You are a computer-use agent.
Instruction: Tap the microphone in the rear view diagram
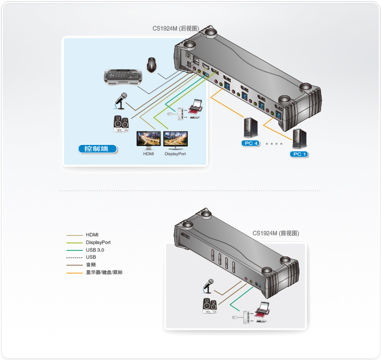[x=120, y=100]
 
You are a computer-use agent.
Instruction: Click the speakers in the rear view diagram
[x=121, y=124]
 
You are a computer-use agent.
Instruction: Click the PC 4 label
[x=251, y=143]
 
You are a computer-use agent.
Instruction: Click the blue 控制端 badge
[x=96, y=148]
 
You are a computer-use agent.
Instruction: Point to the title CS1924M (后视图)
[x=175, y=28]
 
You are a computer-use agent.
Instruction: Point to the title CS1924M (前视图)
[x=275, y=233]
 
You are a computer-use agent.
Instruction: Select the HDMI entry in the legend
[x=92, y=234]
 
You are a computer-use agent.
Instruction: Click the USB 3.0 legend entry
[x=95, y=249]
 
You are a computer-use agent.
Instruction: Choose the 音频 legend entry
[x=91, y=265]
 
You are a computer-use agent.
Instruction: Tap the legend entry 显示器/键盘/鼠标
[x=104, y=272]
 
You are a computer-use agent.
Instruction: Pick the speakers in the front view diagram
[x=210, y=306]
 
